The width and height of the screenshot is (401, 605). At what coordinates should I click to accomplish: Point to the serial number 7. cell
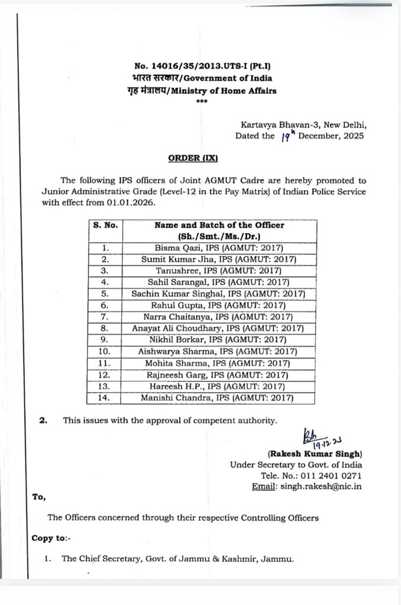(104, 316)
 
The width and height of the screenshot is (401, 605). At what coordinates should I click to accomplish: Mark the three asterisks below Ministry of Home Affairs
(199, 102)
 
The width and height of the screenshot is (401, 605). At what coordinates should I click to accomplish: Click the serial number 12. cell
(104, 375)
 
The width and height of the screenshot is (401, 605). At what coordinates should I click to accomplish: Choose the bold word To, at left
(39, 497)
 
